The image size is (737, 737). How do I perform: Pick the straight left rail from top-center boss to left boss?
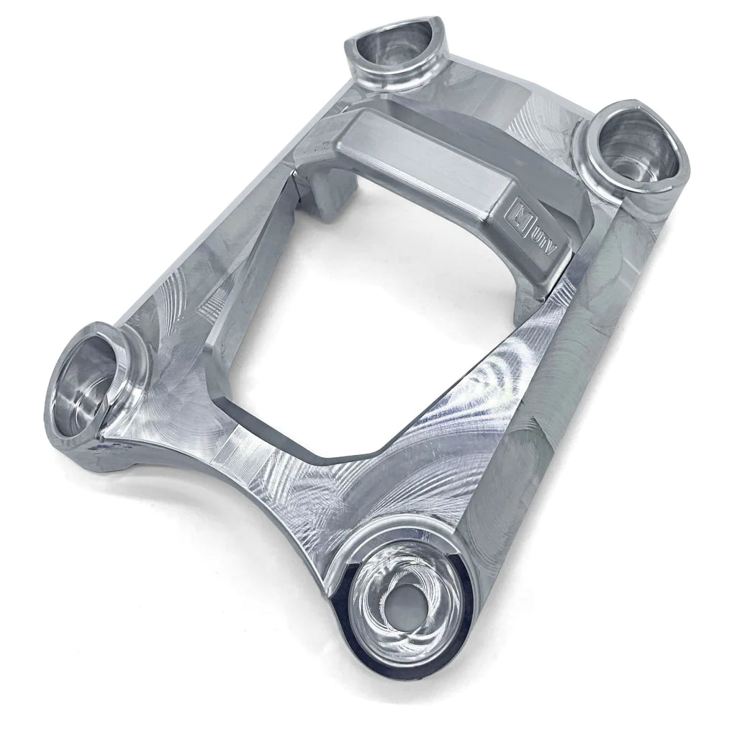click(216, 216)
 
